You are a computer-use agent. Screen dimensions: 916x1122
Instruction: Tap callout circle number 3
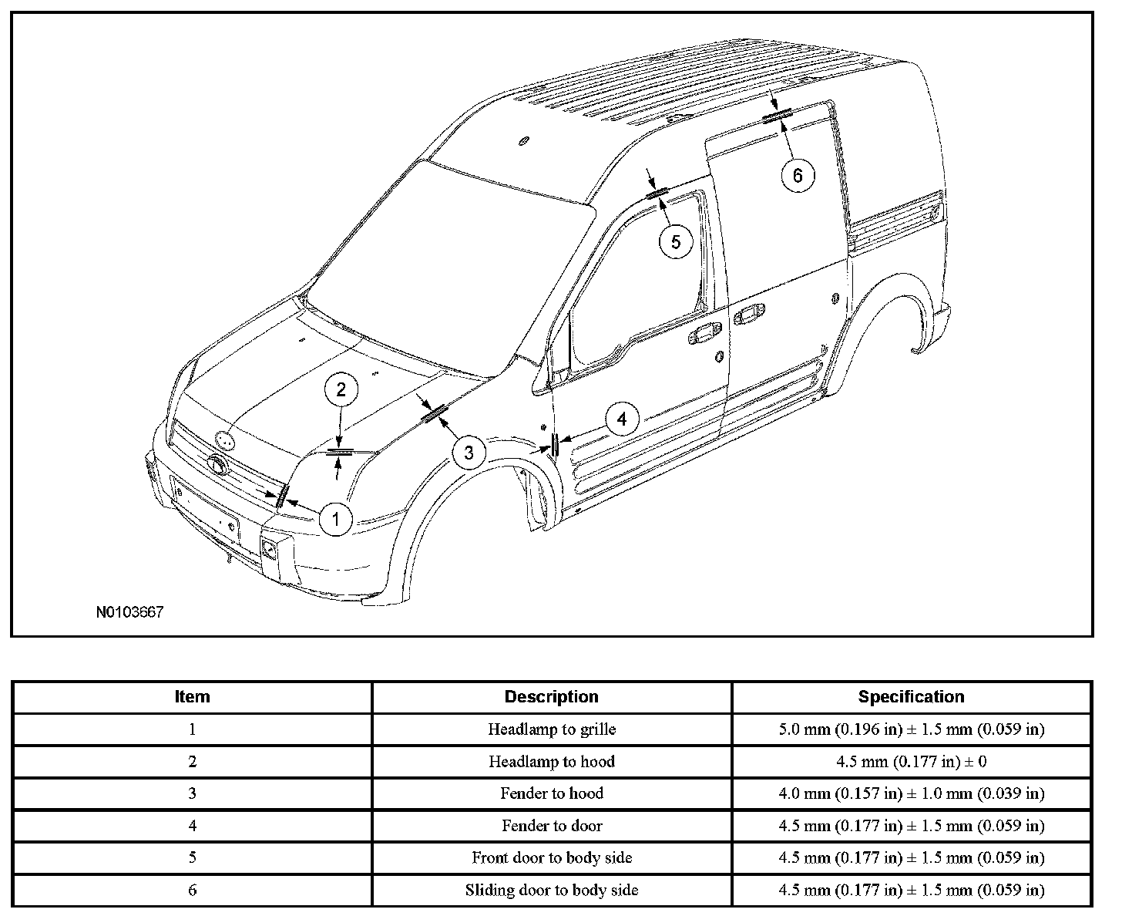tap(469, 452)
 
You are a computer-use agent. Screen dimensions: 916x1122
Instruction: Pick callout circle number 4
tap(622, 419)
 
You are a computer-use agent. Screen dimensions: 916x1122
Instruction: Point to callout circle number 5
tap(675, 242)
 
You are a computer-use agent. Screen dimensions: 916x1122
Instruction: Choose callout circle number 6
tap(797, 176)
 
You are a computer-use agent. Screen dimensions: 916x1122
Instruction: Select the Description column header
tap(551, 697)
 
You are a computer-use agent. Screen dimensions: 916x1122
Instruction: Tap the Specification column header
tap(911, 697)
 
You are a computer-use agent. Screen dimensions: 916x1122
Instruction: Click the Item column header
tap(192, 697)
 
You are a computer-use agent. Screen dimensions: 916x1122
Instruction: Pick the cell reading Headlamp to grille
tap(551, 729)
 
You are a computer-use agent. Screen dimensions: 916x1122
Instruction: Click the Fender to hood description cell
tap(551, 793)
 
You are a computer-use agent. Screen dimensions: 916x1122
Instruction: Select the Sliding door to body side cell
tap(551, 891)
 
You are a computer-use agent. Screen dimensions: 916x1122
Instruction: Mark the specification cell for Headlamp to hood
tap(911, 762)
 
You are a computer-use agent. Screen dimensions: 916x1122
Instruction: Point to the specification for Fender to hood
tap(911, 793)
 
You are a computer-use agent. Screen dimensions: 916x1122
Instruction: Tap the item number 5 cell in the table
tap(192, 858)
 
